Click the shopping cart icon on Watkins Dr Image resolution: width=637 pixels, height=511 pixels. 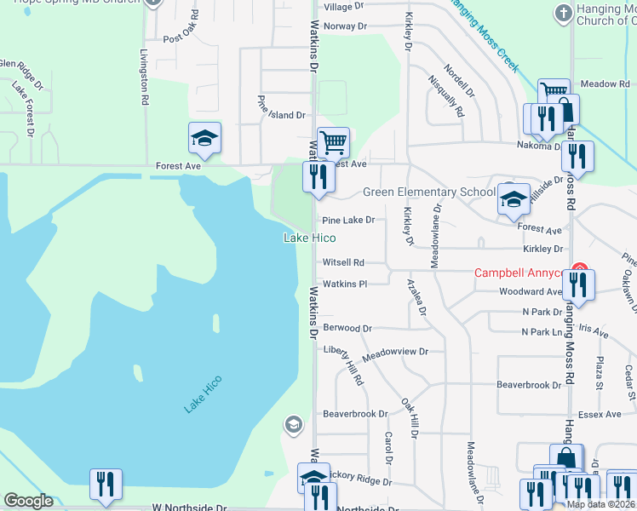point(333,142)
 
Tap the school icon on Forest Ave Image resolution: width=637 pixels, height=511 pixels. point(204,138)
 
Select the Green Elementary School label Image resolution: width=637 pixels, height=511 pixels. point(428,192)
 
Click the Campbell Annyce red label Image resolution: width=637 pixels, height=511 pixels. point(519,273)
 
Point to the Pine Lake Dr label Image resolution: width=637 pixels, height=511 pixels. point(347,220)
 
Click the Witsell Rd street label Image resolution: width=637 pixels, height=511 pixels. point(343,263)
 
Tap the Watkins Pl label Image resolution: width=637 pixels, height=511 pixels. point(344,284)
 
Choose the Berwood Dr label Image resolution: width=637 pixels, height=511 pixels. point(347,328)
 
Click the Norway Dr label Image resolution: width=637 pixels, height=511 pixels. point(344,26)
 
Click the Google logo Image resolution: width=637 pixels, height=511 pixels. point(28,501)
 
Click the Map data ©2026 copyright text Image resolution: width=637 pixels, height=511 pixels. point(600,504)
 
